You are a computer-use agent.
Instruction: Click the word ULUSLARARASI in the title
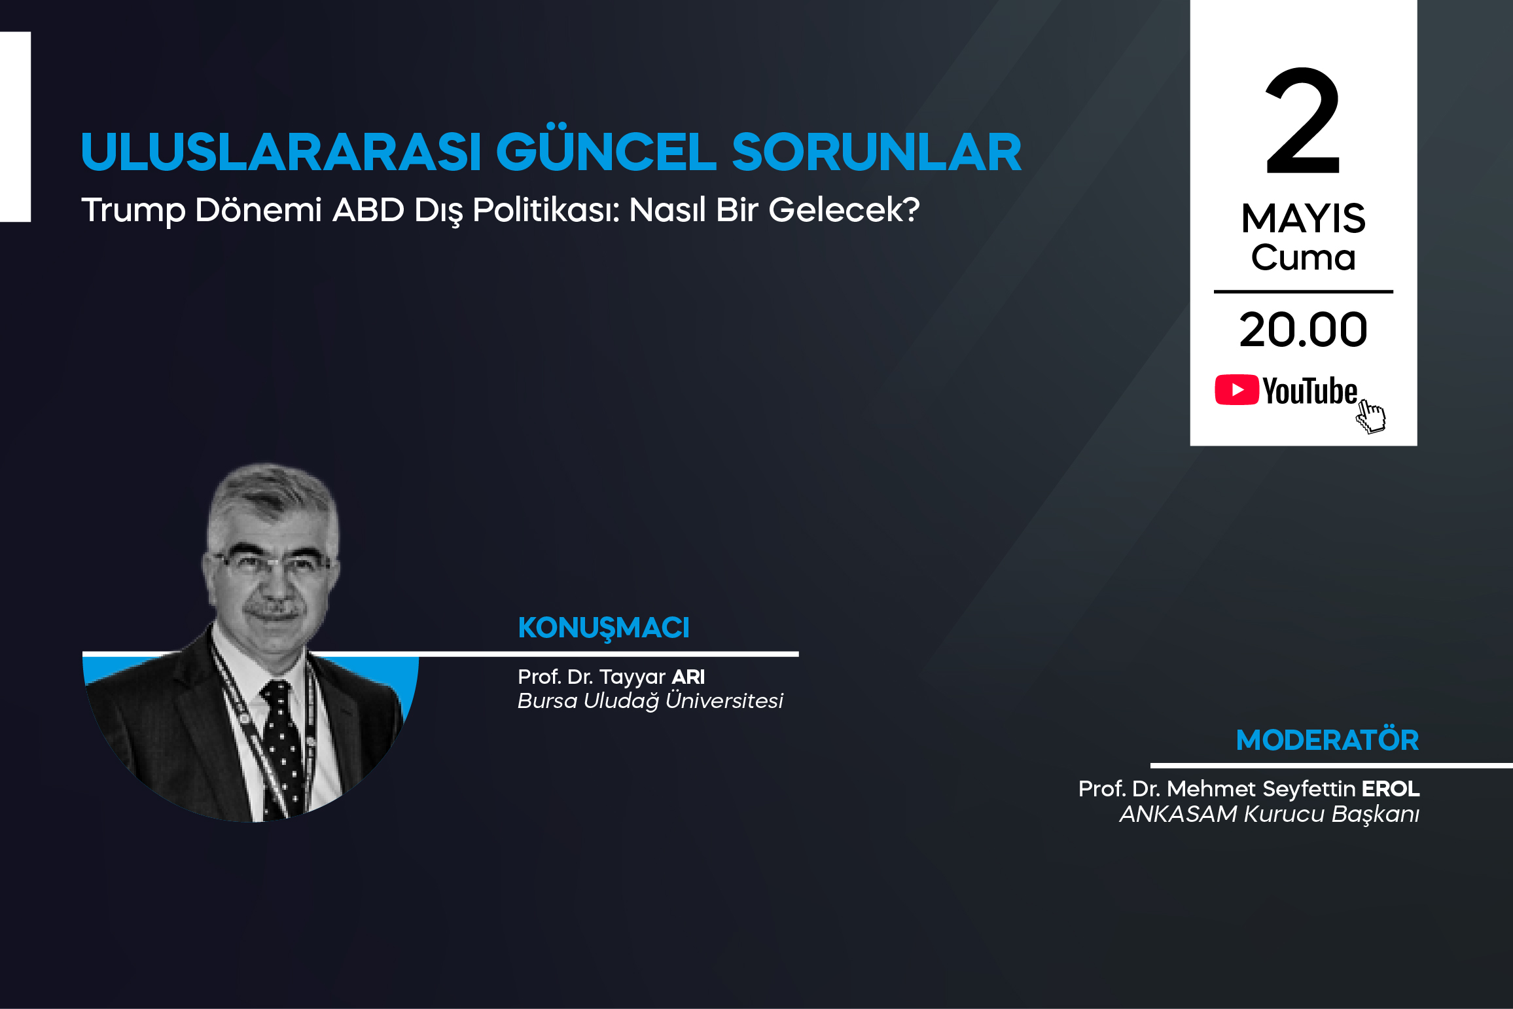coord(281,152)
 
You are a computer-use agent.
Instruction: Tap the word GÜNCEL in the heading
coord(606,151)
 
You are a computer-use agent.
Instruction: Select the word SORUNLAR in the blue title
coord(876,152)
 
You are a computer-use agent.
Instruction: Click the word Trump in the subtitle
coord(133,211)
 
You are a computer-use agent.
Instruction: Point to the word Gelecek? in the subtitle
coord(844,210)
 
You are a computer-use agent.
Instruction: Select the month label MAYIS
coord(1303,218)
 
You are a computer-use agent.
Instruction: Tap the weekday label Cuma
coord(1303,257)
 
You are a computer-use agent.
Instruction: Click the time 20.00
coord(1303,330)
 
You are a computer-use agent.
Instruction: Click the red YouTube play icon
coord(1237,390)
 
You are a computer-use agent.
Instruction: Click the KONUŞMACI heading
coord(603,628)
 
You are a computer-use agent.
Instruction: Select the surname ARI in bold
coord(688,677)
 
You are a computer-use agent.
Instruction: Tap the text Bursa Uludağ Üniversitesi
coord(650,701)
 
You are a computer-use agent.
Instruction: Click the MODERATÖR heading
coord(1327,740)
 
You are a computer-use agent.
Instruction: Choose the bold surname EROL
coord(1391,788)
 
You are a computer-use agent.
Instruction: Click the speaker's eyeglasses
coord(272,563)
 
